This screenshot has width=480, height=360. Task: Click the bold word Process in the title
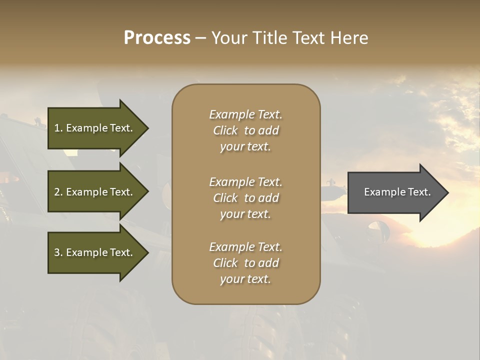click(x=157, y=38)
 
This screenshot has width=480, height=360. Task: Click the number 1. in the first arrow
click(x=58, y=128)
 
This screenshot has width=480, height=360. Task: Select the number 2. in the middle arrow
click(x=58, y=192)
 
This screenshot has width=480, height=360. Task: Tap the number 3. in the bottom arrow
click(x=58, y=252)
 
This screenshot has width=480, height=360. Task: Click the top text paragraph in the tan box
click(x=245, y=130)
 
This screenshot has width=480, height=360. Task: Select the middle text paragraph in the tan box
click(x=245, y=198)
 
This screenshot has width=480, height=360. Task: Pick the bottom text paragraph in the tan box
click(x=245, y=263)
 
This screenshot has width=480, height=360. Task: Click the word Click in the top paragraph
click(x=225, y=130)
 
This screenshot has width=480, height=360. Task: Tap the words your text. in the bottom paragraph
click(x=245, y=279)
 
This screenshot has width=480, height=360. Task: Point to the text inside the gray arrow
click(x=397, y=192)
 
